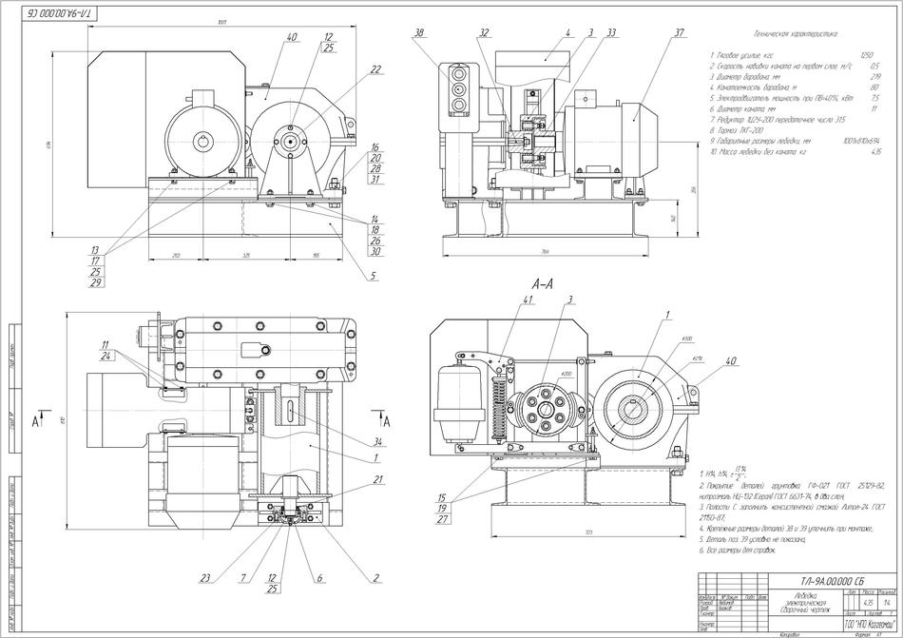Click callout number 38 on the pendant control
click(417, 33)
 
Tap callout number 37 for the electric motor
click(680, 33)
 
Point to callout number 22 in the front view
click(376, 69)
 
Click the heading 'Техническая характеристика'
click(793, 33)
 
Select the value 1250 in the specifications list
click(866, 56)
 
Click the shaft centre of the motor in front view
click(205, 142)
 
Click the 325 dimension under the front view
click(246, 257)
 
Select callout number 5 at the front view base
click(374, 277)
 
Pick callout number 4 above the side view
click(567, 33)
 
